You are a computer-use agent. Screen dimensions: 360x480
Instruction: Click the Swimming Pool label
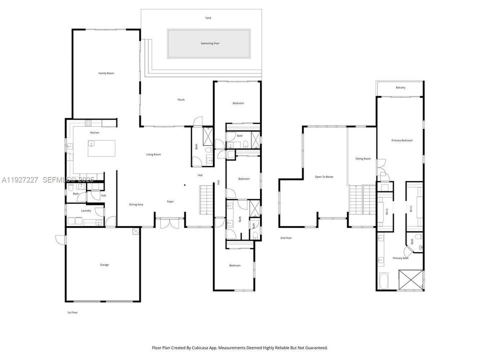(x=209, y=43)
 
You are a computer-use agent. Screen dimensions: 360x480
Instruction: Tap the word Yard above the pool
(x=208, y=18)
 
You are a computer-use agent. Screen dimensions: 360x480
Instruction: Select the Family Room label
(x=106, y=73)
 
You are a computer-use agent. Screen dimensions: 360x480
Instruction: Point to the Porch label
(x=181, y=99)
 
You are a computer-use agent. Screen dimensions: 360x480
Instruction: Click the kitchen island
(x=101, y=148)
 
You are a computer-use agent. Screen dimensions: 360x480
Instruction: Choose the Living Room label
(x=153, y=154)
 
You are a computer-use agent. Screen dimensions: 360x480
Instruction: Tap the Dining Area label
(x=136, y=204)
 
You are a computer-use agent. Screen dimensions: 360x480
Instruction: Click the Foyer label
(x=170, y=201)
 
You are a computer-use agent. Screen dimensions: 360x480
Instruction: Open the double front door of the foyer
(x=169, y=223)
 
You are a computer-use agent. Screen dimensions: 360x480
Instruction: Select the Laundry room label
(x=86, y=210)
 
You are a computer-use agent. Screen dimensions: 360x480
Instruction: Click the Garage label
(x=104, y=264)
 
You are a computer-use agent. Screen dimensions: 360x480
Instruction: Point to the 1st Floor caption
(x=72, y=312)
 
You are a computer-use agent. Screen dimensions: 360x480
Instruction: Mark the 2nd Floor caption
(x=286, y=238)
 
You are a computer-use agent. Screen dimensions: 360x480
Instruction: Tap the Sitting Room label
(x=363, y=158)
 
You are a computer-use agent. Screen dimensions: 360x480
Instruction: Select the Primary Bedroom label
(x=402, y=140)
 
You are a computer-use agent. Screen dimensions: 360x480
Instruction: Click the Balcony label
(x=400, y=87)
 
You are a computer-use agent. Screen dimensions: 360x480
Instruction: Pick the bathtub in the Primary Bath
(x=384, y=281)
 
